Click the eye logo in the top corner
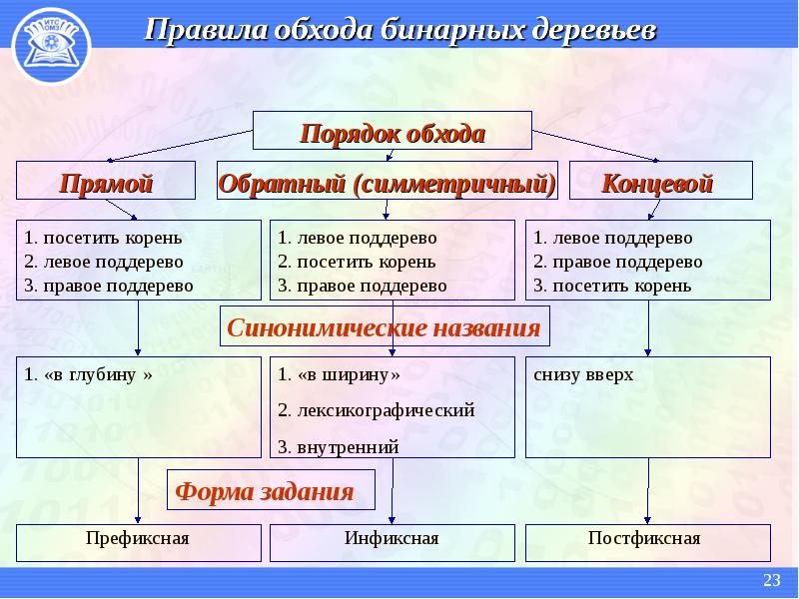tap(51, 46)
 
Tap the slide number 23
tap(771, 580)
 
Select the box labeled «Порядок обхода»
tap(393, 131)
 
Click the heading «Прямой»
tap(106, 183)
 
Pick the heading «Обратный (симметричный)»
tap(388, 183)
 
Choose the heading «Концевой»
tap(657, 183)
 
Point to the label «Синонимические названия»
tap(384, 327)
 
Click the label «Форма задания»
tap(265, 491)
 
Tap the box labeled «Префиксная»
tap(139, 543)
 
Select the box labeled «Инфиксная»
tap(392, 543)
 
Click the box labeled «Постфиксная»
tap(647, 543)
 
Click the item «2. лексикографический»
tap(377, 410)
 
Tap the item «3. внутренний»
tap(338, 447)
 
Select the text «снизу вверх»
tap(583, 375)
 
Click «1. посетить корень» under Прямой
tap(103, 238)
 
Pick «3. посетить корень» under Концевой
tap(612, 286)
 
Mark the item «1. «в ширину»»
tap(339, 375)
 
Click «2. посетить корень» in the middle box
tap(357, 262)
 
